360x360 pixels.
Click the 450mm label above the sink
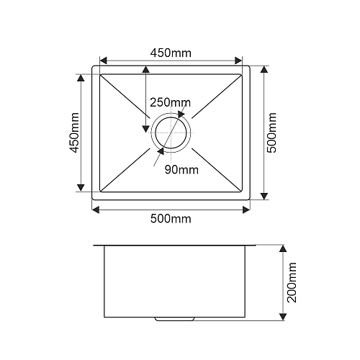(171, 53)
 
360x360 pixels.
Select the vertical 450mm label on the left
(74, 132)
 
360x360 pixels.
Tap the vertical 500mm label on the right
(271, 132)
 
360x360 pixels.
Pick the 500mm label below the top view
(171, 219)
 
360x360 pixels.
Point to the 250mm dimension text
(170, 102)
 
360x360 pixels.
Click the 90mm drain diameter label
(181, 170)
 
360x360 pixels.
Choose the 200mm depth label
(292, 282)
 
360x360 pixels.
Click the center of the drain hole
(171, 132)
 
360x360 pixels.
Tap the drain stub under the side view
(174, 319)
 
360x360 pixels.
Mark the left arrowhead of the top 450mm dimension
(103, 60)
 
